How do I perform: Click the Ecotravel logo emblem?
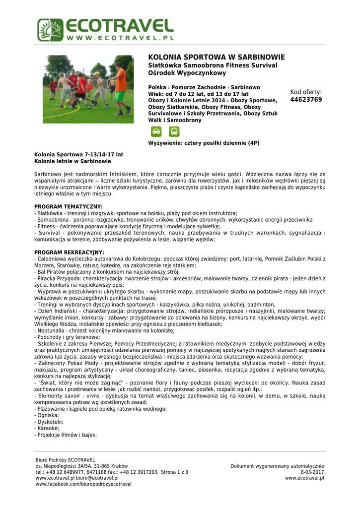pyautogui.click(x=50, y=30)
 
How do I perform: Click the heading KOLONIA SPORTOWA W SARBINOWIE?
pyautogui.click(x=216, y=57)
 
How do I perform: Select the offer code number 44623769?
pyautogui.click(x=306, y=100)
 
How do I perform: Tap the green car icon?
pyautogui.click(x=156, y=131)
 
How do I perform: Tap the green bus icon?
pyautogui.click(x=174, y=131)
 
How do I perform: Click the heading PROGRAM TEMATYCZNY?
pyautogui.click(x=69, y=206)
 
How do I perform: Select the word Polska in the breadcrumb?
pyautogui.click(x=157, y=87)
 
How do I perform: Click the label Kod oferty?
pyautogui.click(x=306, y=92)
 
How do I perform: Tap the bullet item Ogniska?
pyautogui.click(x=48, y=415)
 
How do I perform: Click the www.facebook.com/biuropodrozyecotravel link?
pyautogui.click(x=80, y=484)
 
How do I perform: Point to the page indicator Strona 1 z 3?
pyautogui.click(x=174, y=472)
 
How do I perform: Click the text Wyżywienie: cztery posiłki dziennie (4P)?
pyautogui.click(x=204, y=143)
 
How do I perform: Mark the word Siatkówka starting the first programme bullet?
pyautogui.click(x=49, y=213)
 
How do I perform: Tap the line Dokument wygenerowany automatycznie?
pyautogui.click(x=277, y=466)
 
